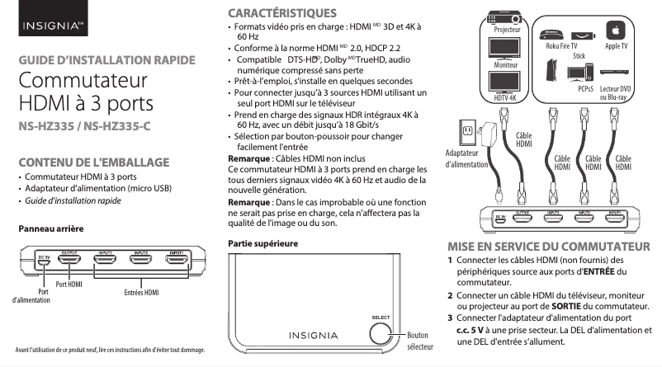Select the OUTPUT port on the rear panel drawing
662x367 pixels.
point(70,261)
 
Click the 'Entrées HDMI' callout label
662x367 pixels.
point(140,293)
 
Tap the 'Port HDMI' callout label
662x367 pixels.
point(69,284)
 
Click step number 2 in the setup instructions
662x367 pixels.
point(450,295)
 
